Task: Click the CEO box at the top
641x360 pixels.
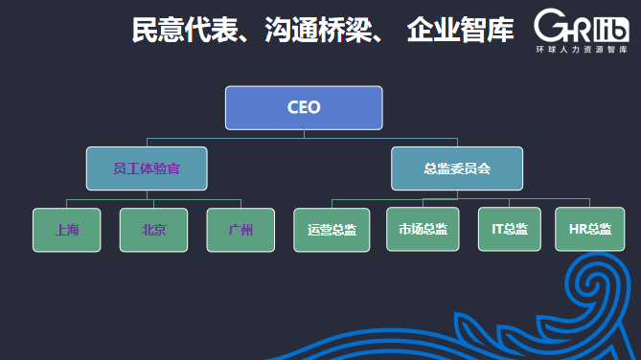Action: point(304,107)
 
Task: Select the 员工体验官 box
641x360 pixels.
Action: point(147,168)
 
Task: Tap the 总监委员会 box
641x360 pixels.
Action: point(457,168)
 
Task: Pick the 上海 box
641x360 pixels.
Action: point(66,229)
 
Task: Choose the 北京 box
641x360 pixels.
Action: point(152,229)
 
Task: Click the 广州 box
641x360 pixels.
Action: point(240,229)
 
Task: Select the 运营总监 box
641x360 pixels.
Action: point(332,229)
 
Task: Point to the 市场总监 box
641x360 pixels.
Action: point(423,229)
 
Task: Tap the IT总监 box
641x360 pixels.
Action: point(510,229)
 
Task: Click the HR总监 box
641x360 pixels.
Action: point(589,229)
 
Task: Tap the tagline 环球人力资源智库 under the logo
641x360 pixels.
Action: point(582,48)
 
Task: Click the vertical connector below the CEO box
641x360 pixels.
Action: point(305,134)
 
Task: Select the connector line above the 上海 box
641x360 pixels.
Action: point(66,202)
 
